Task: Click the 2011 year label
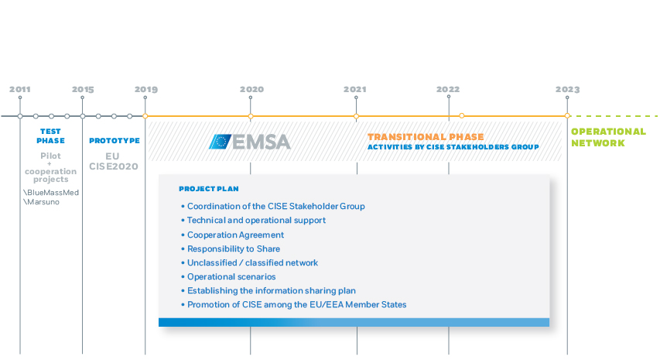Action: (x=20, y=89)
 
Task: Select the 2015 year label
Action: (x=83, y=89)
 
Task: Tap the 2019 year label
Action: (x=145, y=89)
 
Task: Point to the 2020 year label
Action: (x=251, y=89)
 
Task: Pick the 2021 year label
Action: (x=355, y=89)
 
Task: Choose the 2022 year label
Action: (x=448, y=89)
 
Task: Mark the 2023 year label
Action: (x=567, y=89)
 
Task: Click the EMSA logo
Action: (x=250, y=142)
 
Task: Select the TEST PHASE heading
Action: (x=50, y=136)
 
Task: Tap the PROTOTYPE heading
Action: (x=115, y=141)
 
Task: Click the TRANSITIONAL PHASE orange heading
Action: (x=426, y=137)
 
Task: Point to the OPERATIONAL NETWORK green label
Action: (x=608, y=137)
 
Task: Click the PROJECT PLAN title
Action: (x=209, y=189)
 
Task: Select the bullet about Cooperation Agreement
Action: (x=233, y=235)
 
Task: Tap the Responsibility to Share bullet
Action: (x=231, y=249)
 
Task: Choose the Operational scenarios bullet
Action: (x=228, y=276)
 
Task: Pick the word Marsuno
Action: (x=43, y=202)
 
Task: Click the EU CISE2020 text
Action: (x=113, y=161)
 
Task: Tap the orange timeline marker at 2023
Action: (x=567, y=116)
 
